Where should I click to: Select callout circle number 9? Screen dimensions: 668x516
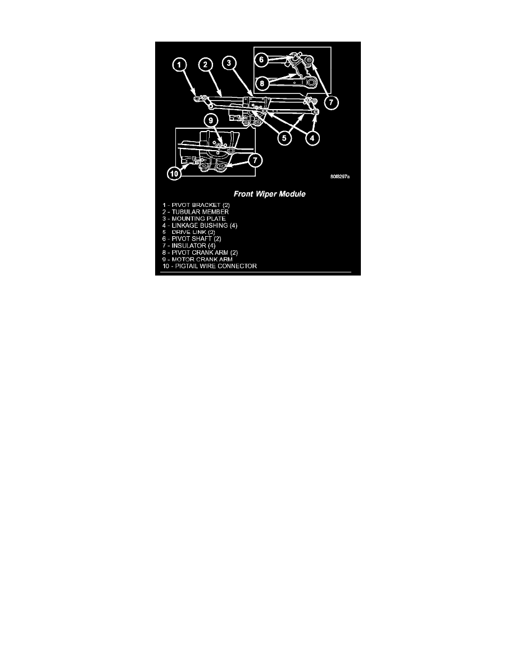pos(210,120)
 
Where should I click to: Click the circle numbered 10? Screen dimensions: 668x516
pos(175,174)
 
